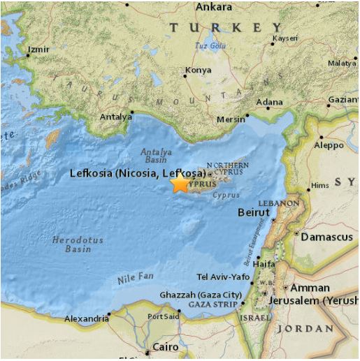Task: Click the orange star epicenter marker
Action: click(180, 183)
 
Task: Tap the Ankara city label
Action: click(214, 7)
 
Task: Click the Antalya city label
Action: click(115, 117)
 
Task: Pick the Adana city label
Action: click(269, 102)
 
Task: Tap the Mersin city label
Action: click(231, 119)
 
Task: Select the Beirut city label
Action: click(253, 212)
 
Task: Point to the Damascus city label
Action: click(326, 237)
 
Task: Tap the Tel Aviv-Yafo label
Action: click(224, 277)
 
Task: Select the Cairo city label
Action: click(166, 347)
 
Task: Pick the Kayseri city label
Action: click(284, 38)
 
